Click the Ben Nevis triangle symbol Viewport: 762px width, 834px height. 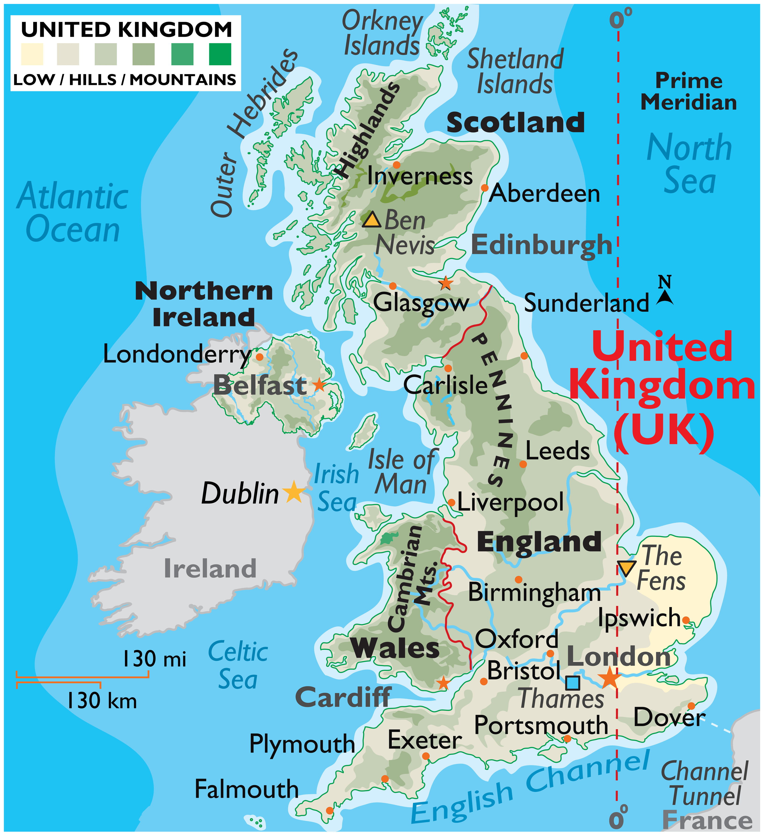pyautogui.click(x=371, y=220)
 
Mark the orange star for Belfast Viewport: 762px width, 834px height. pyautogui.click(x=319, y=385)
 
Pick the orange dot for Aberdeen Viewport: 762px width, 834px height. pyautogui.click(x=484, y=188)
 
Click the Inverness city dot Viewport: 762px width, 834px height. pyautogui.click(x=396, y=165)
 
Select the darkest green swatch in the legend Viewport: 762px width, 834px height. pyautogui.click(x=220, y=54)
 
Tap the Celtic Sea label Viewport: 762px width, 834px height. pyautogui.click(x=238, y=665)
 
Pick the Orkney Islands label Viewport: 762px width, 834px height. pyautogui.click(x=382, y=33)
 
